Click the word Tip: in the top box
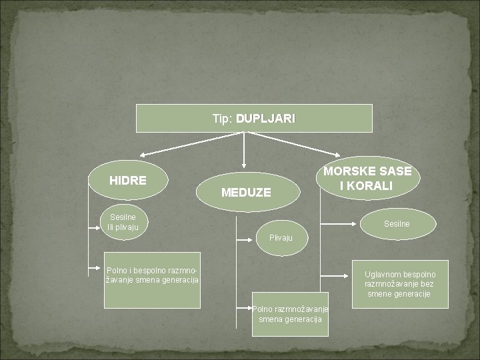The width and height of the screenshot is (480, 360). click(223, 119)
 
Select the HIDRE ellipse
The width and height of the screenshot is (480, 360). click(128, 179)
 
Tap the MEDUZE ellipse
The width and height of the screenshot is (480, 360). click(246, 192)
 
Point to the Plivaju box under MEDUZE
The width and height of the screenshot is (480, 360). click(284, 237)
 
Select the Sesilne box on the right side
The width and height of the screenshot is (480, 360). click(396, 224)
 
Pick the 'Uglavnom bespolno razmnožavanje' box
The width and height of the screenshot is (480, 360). click(399, 283)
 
